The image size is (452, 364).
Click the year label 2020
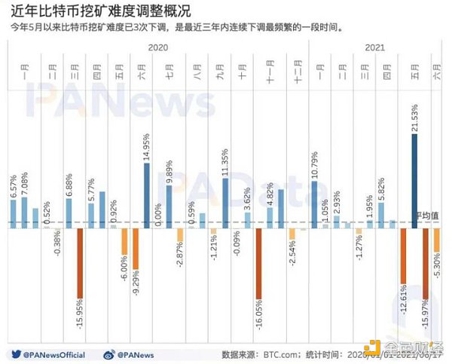(157, 47)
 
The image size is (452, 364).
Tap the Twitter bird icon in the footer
(14, 353)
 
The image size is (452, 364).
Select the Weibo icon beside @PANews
(108, 353)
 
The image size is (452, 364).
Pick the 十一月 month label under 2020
(269, 75)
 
